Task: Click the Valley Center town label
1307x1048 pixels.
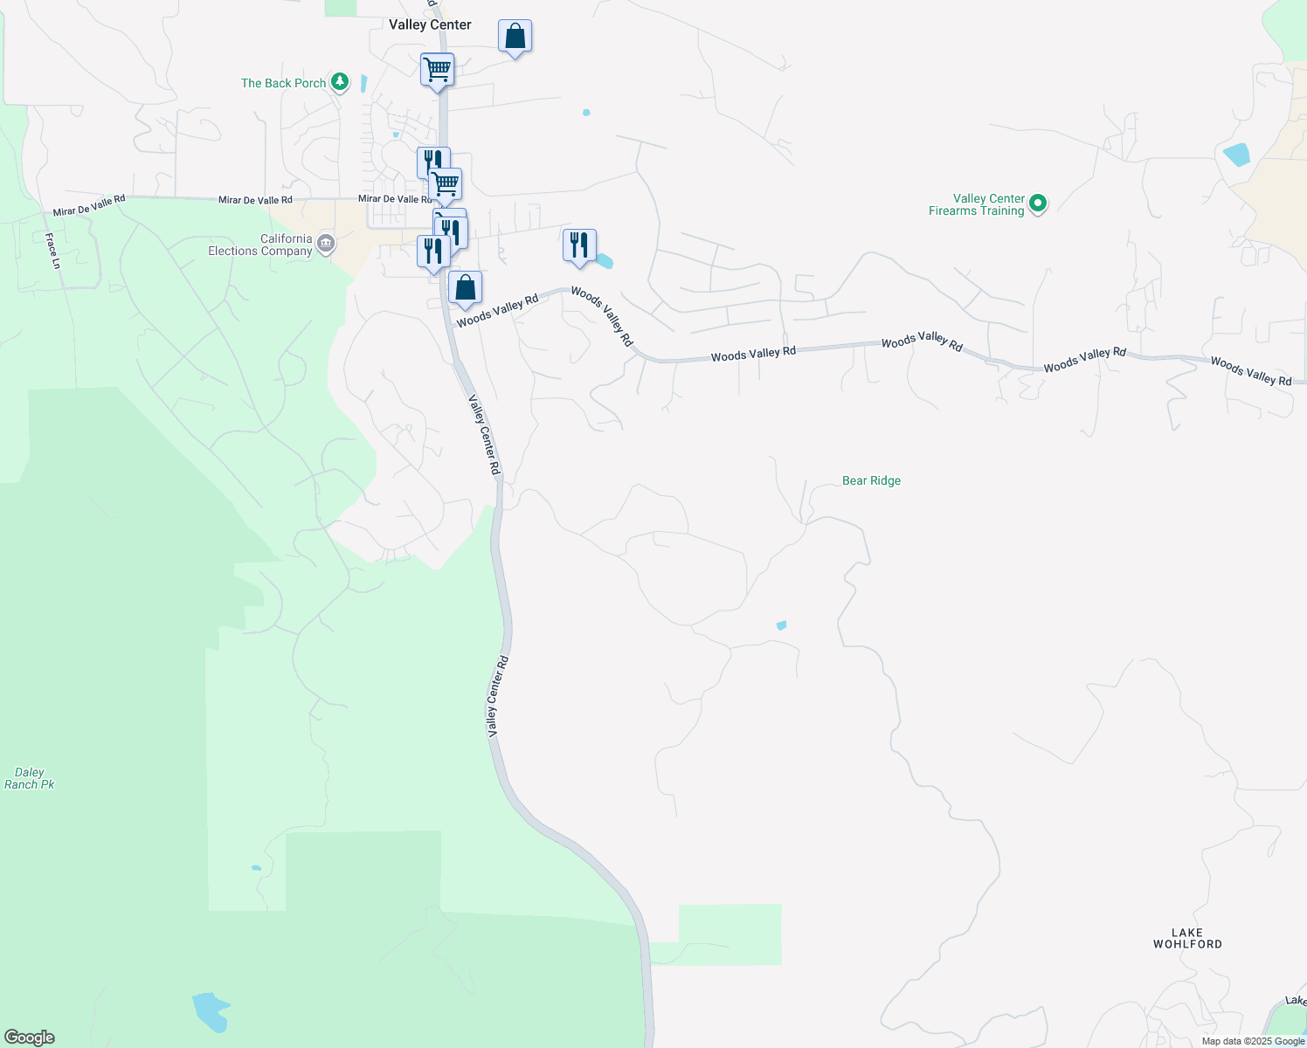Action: [430, 24]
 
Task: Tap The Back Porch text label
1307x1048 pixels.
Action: [283, 83]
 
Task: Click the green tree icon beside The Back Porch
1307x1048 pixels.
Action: [341, 82]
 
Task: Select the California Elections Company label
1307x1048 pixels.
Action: [260, 245]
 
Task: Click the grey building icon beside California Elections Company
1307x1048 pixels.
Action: [326, 244]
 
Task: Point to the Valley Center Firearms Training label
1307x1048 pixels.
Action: [977, 204]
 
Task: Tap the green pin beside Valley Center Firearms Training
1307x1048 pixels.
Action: [1038, 203]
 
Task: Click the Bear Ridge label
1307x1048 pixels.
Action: [871, 480]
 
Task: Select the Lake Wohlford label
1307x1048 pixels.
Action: [1187, 938]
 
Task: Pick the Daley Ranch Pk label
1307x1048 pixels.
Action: [30, 778]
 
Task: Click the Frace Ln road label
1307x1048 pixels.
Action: [52, 251]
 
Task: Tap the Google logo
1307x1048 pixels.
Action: [30, 1038]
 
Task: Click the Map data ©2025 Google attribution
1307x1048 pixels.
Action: [1254, 1041]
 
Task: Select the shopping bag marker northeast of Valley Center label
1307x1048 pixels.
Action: [515, 37]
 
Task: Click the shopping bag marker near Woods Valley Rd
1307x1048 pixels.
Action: [466, 287]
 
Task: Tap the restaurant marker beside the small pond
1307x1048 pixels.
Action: [579, 245]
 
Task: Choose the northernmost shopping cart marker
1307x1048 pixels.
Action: [437, 68]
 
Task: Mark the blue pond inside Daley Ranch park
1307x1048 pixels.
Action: [211, 1010]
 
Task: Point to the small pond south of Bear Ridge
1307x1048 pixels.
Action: [781, 625]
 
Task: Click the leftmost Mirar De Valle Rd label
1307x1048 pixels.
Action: [89, 206]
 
